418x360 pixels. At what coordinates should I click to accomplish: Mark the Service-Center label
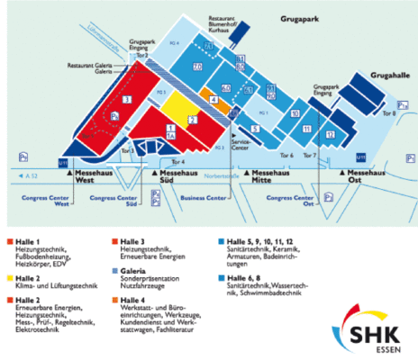241,144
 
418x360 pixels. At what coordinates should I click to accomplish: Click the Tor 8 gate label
388,113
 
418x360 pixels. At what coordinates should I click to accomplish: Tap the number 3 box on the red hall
127,98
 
